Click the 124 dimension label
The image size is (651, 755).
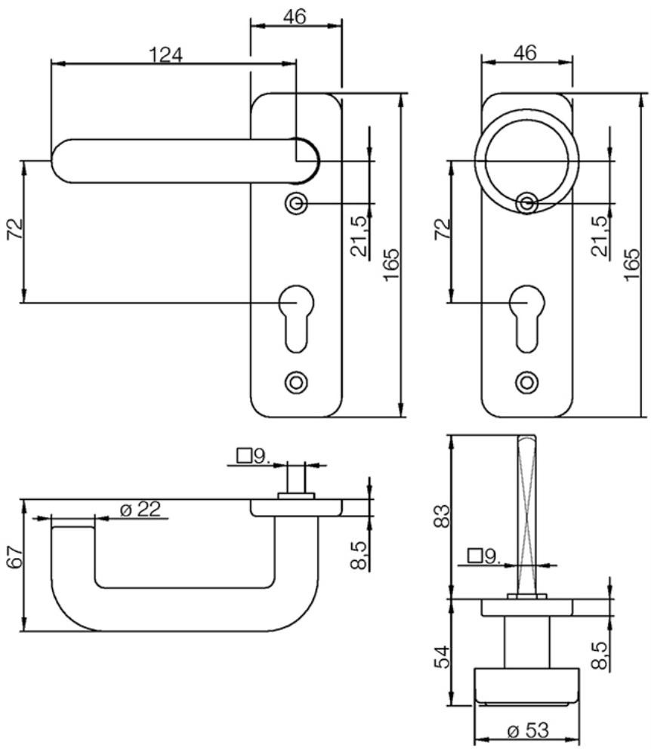pos(165,55)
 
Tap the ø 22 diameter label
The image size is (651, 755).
pos(140,509)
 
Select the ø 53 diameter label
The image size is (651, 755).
pos(528,731)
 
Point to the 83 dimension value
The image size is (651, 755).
pos(442,515)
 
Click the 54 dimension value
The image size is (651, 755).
pos(442,657)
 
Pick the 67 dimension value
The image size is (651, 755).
pos(14,559)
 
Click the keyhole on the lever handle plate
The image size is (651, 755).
pos(296,319)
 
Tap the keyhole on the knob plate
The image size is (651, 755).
pos(527,319)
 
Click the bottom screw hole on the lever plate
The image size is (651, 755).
pos(296,382)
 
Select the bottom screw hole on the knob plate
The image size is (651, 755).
pos(527,382)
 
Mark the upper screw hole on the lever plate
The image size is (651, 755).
pos(296,204)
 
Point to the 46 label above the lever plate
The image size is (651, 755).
pos(295,17)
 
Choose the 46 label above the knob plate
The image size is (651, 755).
pos(525,53)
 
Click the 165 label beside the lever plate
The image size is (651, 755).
pos(391,264)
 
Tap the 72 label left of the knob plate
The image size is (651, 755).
pos(443,230)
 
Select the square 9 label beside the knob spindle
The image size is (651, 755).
pos(484,556)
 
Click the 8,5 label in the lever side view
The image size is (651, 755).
pos(359,555)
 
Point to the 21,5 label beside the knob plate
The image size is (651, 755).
pos(600,236)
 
